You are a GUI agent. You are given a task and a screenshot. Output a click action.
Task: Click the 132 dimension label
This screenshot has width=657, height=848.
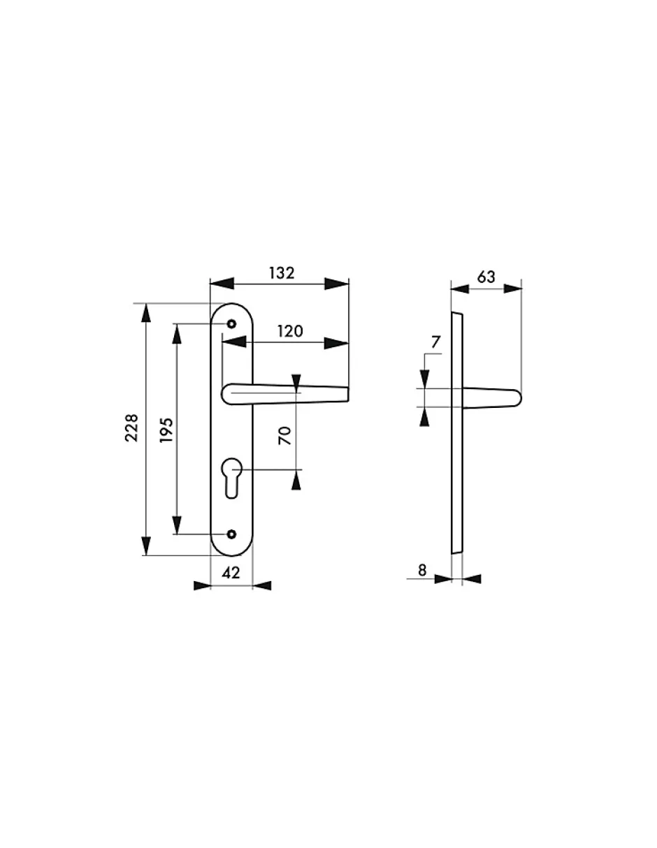[x=282, y=273]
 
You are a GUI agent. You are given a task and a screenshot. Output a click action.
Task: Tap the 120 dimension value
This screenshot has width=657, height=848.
[x=290, y=331]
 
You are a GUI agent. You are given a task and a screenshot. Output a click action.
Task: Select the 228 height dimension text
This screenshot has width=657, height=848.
[x=131, y=427]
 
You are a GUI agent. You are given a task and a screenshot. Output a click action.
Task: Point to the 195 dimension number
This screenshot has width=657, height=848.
[x=166, y=430]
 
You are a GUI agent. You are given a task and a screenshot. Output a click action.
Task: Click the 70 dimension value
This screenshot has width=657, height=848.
[x=285, y=436]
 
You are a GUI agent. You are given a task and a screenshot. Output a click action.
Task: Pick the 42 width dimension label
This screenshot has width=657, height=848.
[x=231, y=573]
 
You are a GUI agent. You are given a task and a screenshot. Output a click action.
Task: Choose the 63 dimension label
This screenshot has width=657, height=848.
[x=486, y=277]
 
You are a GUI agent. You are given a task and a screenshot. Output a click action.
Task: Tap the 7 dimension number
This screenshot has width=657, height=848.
[x=435, y=342]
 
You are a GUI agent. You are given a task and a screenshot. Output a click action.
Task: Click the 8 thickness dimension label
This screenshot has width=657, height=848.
[x=422, y=570]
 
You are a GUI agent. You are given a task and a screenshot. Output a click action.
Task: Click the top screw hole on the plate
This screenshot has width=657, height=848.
[x=232, y=324]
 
